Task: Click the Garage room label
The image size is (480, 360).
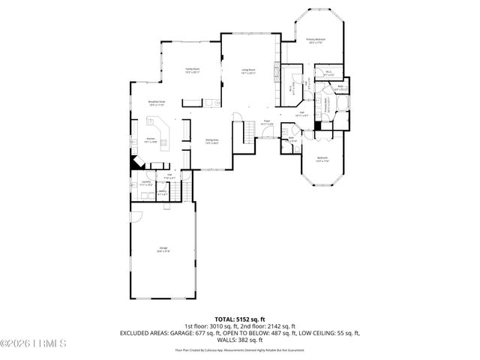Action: coord(163,250)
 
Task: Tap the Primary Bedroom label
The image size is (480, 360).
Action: coord(315,40)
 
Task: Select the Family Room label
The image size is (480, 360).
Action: coord(192,71)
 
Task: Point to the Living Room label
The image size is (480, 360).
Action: coord(248,71)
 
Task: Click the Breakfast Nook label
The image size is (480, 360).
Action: coord(157,103)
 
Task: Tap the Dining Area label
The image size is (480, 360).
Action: coord(212,141)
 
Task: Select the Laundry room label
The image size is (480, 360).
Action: coord(145,182)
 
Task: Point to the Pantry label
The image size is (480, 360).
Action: coord(162,193)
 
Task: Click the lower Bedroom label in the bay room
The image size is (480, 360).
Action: coord(322,158)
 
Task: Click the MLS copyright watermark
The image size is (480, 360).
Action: coord(34,344)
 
